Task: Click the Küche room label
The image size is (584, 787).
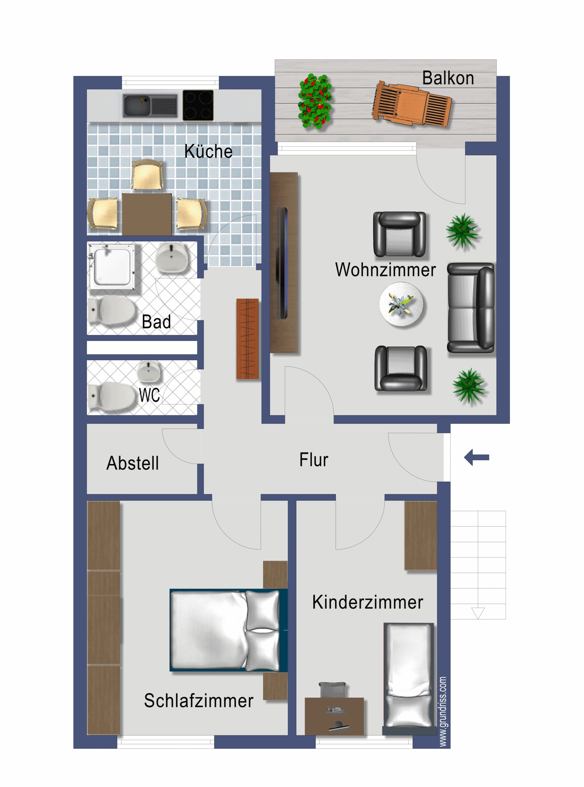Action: point(208,151)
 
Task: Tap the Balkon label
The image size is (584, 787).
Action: point(448,78)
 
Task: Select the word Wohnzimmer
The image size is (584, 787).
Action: point(385,270)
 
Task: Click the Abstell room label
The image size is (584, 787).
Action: point(133,463)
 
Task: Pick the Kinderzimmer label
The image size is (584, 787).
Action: point(367,602)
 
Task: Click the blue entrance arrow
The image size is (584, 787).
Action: point(476,457)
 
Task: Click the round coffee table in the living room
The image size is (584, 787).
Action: point(401,304)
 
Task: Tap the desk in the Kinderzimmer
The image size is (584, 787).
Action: point(334,716)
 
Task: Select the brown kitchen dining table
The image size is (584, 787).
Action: point(147,214)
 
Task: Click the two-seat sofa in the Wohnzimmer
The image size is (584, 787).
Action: point(471,308)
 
